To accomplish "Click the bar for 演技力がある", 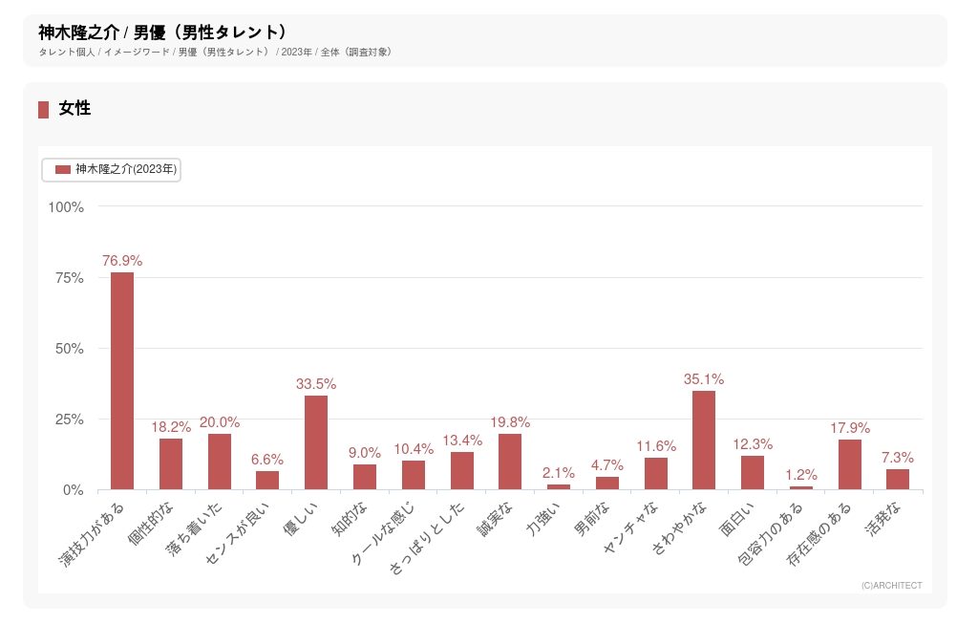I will tap(122, 381).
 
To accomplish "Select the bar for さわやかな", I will tap(704, 441).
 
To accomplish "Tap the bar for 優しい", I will tap(316, 442).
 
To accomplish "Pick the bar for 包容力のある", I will tap(801, 487).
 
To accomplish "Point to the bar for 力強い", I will tap(559, 486).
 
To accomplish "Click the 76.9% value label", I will tap(122, 260).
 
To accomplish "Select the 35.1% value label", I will tap(704, 378).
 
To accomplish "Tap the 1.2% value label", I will tap(801, 474).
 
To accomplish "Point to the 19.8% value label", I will tap(510, 421).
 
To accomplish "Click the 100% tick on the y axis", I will tap(66, 206).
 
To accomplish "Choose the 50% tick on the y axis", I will tap(70, 348).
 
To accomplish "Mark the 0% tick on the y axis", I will tap(74, 489).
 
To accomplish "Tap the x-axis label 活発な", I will tap(883, 523).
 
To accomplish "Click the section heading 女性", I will tap(74, 109).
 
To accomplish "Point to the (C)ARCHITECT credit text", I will tap(891, 585).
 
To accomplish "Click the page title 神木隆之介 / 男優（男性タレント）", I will tap(162, 32).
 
